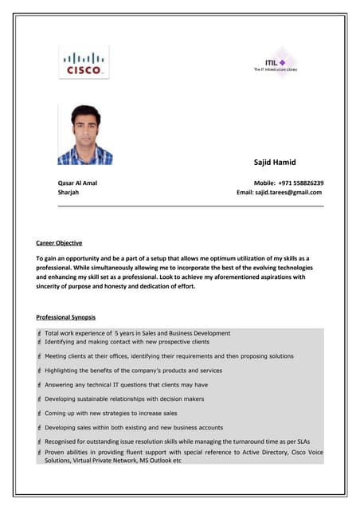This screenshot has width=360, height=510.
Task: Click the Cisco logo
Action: [83, 62]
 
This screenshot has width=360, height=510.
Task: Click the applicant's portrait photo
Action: [85, 135]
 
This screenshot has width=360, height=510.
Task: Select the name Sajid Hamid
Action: [274, 162]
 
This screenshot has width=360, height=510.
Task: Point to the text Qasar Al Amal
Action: [76, 182]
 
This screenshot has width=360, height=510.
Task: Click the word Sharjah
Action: [68, 192]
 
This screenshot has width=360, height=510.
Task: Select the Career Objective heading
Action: [59, 242]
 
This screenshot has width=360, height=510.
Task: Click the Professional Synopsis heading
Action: [66, 317]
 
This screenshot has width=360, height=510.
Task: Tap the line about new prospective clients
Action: [127, 341]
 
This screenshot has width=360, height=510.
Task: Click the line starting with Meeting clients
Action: [169, 356]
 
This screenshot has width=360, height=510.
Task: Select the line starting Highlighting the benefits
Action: [133, 371]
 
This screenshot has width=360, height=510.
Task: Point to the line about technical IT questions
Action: [126, 385]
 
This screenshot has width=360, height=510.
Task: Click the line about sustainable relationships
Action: [124, 399]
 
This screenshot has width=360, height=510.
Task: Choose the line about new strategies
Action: [111, 414]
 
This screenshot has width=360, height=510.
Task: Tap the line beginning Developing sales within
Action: [134, 428]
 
